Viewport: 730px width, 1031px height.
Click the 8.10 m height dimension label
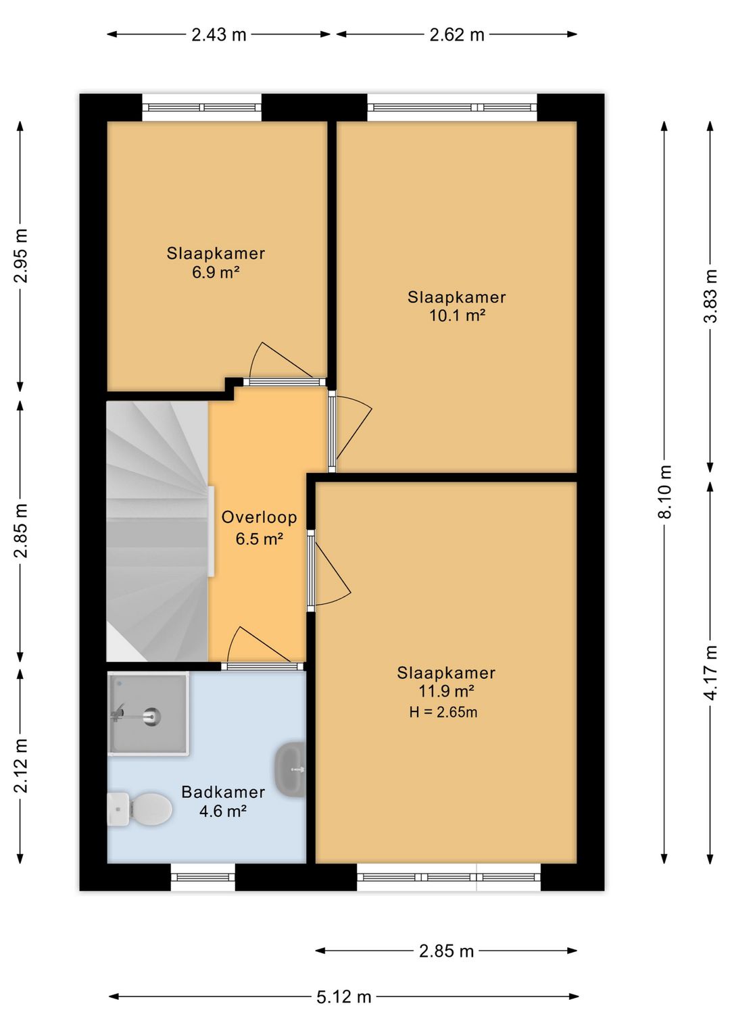pos(664,492)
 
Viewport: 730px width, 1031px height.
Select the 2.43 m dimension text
pos(219,35)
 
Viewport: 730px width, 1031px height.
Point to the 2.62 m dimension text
pos(457,35)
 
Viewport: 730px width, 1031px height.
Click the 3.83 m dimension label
pos(710,296)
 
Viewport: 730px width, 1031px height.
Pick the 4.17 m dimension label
pos(710,673)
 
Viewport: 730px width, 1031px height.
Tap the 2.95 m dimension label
pos(21,255)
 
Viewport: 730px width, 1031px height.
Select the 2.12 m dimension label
pos(21,766)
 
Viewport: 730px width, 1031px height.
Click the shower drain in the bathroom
pos(151,717)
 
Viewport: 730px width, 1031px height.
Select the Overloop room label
pos(260,518)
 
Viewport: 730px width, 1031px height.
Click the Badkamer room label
pos(223,792)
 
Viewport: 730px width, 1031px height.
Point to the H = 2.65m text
pos(443,713)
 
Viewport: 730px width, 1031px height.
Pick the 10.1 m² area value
pos(458,316)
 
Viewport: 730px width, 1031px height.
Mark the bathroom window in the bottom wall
pos(203,877)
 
